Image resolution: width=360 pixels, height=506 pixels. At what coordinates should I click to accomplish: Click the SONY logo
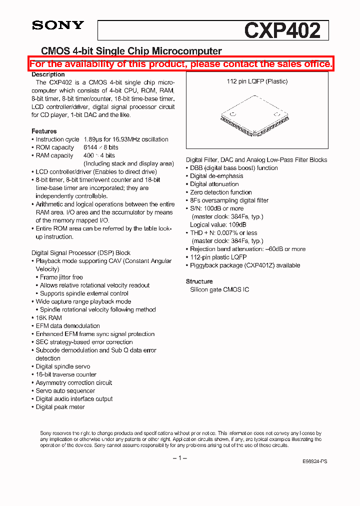(58, 25)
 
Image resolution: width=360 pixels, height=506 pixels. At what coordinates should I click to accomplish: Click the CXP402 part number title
(282, 30)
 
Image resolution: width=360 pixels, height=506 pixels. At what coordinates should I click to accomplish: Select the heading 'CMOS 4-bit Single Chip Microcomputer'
(131, 51)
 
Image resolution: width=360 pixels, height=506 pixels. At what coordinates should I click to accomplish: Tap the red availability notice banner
(180, 63)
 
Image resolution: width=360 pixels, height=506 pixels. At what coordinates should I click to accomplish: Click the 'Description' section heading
(48, 74)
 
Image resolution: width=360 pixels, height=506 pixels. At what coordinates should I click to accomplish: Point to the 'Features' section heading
(44, 131)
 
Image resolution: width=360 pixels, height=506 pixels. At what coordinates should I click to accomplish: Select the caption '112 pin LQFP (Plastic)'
(257, 81)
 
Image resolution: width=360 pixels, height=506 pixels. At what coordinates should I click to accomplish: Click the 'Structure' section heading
(199, 281)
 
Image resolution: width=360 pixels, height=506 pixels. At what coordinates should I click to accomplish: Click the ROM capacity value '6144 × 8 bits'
(101, 147)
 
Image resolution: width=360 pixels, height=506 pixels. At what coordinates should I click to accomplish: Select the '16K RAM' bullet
(48, 318)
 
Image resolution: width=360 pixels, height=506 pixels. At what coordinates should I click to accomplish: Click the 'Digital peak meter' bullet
(60, 407)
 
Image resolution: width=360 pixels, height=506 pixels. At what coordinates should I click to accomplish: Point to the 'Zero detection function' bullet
(220, 192)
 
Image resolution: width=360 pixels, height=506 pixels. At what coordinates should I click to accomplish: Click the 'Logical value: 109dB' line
(218, 224)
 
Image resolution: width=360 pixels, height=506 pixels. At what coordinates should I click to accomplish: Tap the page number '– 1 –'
(179, 458)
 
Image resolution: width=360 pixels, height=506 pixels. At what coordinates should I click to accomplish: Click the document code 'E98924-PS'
(315, 462)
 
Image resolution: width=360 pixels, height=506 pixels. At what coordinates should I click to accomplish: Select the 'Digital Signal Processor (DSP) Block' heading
(81, 253)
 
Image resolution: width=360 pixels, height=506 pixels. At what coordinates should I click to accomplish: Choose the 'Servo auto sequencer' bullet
(65, 391)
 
